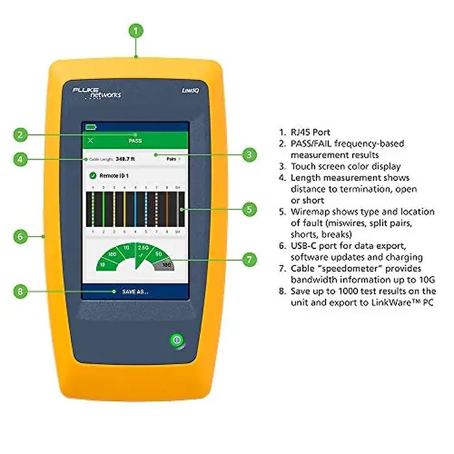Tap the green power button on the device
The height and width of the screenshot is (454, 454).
coord(174,339)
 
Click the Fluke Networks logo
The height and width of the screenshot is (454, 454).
coord(96,91)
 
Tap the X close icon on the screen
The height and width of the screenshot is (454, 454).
coord(90,140)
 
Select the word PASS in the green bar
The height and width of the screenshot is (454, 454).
coord(135,140)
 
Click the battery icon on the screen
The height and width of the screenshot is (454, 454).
coord(90,126)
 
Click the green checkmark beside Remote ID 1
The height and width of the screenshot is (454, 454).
coord(92,175)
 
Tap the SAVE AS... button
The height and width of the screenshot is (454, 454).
coord(135,292)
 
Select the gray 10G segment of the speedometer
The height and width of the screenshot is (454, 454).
coord(166,265)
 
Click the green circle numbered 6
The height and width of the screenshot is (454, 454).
coord(21,237)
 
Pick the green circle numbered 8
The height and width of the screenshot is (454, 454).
coord(21,291)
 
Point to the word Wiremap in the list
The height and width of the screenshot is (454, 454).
coord(304,211)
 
